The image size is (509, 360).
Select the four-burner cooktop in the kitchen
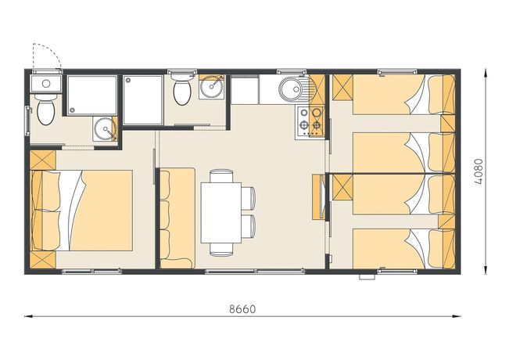point(308,119)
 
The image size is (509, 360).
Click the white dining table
point(220,211)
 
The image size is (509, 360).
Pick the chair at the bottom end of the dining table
point(221,248)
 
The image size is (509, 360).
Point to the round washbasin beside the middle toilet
point(210,88)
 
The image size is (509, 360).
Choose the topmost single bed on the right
point(395,94)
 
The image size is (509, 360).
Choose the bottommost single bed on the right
point(395,248)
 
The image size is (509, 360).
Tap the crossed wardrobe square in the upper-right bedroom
point(342,87)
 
